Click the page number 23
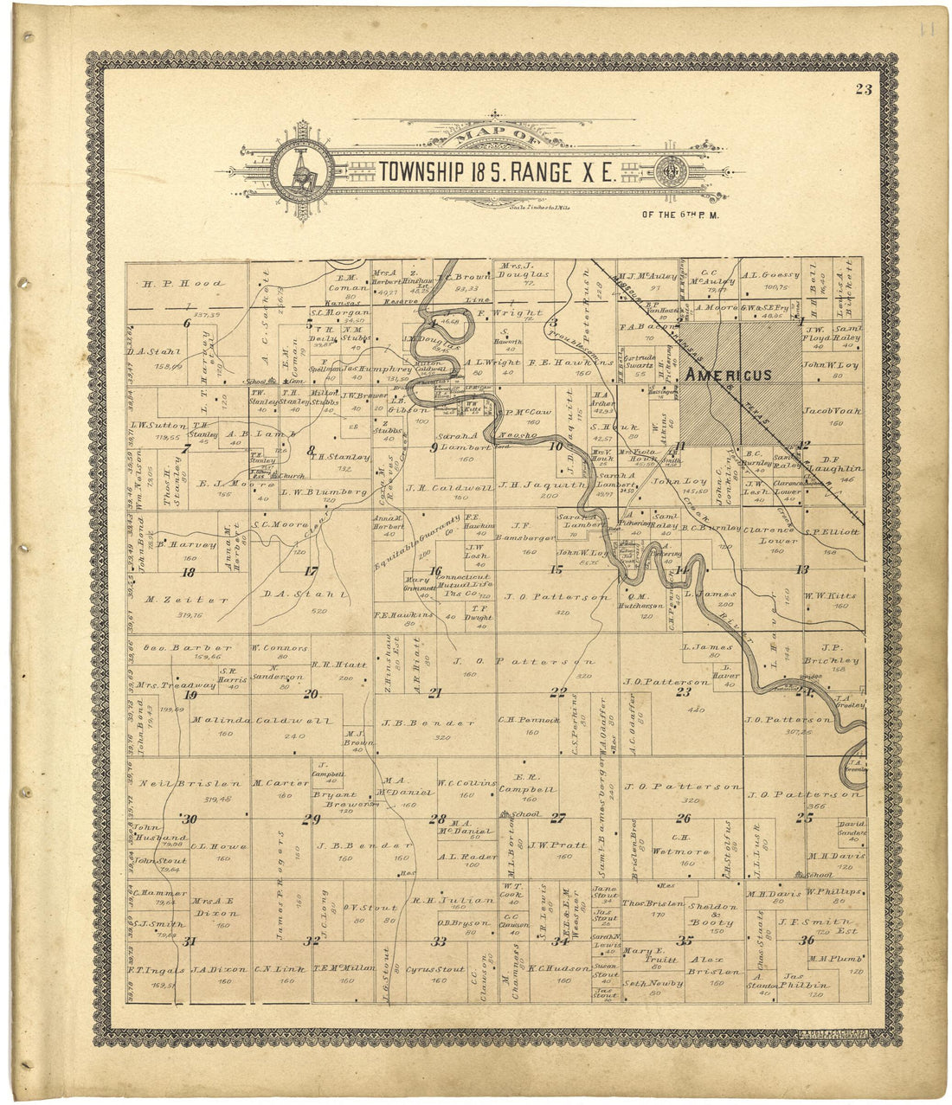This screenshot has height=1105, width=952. [862, 88]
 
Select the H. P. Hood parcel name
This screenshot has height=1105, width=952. [183, 283]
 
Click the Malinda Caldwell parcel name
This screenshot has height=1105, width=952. [250, 720]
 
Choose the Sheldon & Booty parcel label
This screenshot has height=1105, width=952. [713, 915]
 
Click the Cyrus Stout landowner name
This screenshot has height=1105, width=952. [435, 970]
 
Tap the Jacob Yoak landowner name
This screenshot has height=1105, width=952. [833, 410]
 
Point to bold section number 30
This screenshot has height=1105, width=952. [189, 819]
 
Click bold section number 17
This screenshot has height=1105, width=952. [310, 570]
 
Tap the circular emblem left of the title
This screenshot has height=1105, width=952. [302, 170]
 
